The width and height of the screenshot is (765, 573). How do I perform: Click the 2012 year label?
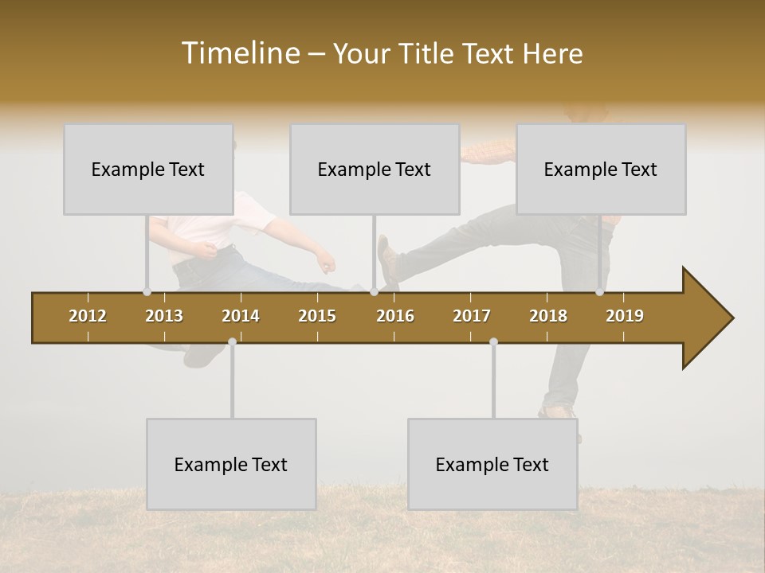click(x=88, y=316)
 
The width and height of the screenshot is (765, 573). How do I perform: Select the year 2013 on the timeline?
click(x=164, y=316)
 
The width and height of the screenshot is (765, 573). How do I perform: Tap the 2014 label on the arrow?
click(x=241, y=316)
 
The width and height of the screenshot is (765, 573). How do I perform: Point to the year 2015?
click(x=317, y=316)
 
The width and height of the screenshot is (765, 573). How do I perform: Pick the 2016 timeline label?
click(x=395, y=316)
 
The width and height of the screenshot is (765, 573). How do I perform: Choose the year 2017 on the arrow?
click(x=472, y=316)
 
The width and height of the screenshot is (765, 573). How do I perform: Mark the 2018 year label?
click(x=548, y=316)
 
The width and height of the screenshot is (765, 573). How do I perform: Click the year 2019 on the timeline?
click(x=625, y=316)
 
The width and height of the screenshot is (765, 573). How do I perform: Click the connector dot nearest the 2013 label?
click(x=147, y=291)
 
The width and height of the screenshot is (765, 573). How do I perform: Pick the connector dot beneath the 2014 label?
click(x=232, y=341)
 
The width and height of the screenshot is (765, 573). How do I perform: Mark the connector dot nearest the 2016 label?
click(x=374, y=291)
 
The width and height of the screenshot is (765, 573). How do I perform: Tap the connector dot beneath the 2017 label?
click(x=493, y=341)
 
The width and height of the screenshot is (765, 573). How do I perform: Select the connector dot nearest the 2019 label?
click(x=599, y=291)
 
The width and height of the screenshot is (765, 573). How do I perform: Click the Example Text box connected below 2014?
click(x=231, y=464)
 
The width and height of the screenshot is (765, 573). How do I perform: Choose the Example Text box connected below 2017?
click(x=492, y=464)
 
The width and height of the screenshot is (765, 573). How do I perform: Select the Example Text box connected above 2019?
click(x=601, y=169)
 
